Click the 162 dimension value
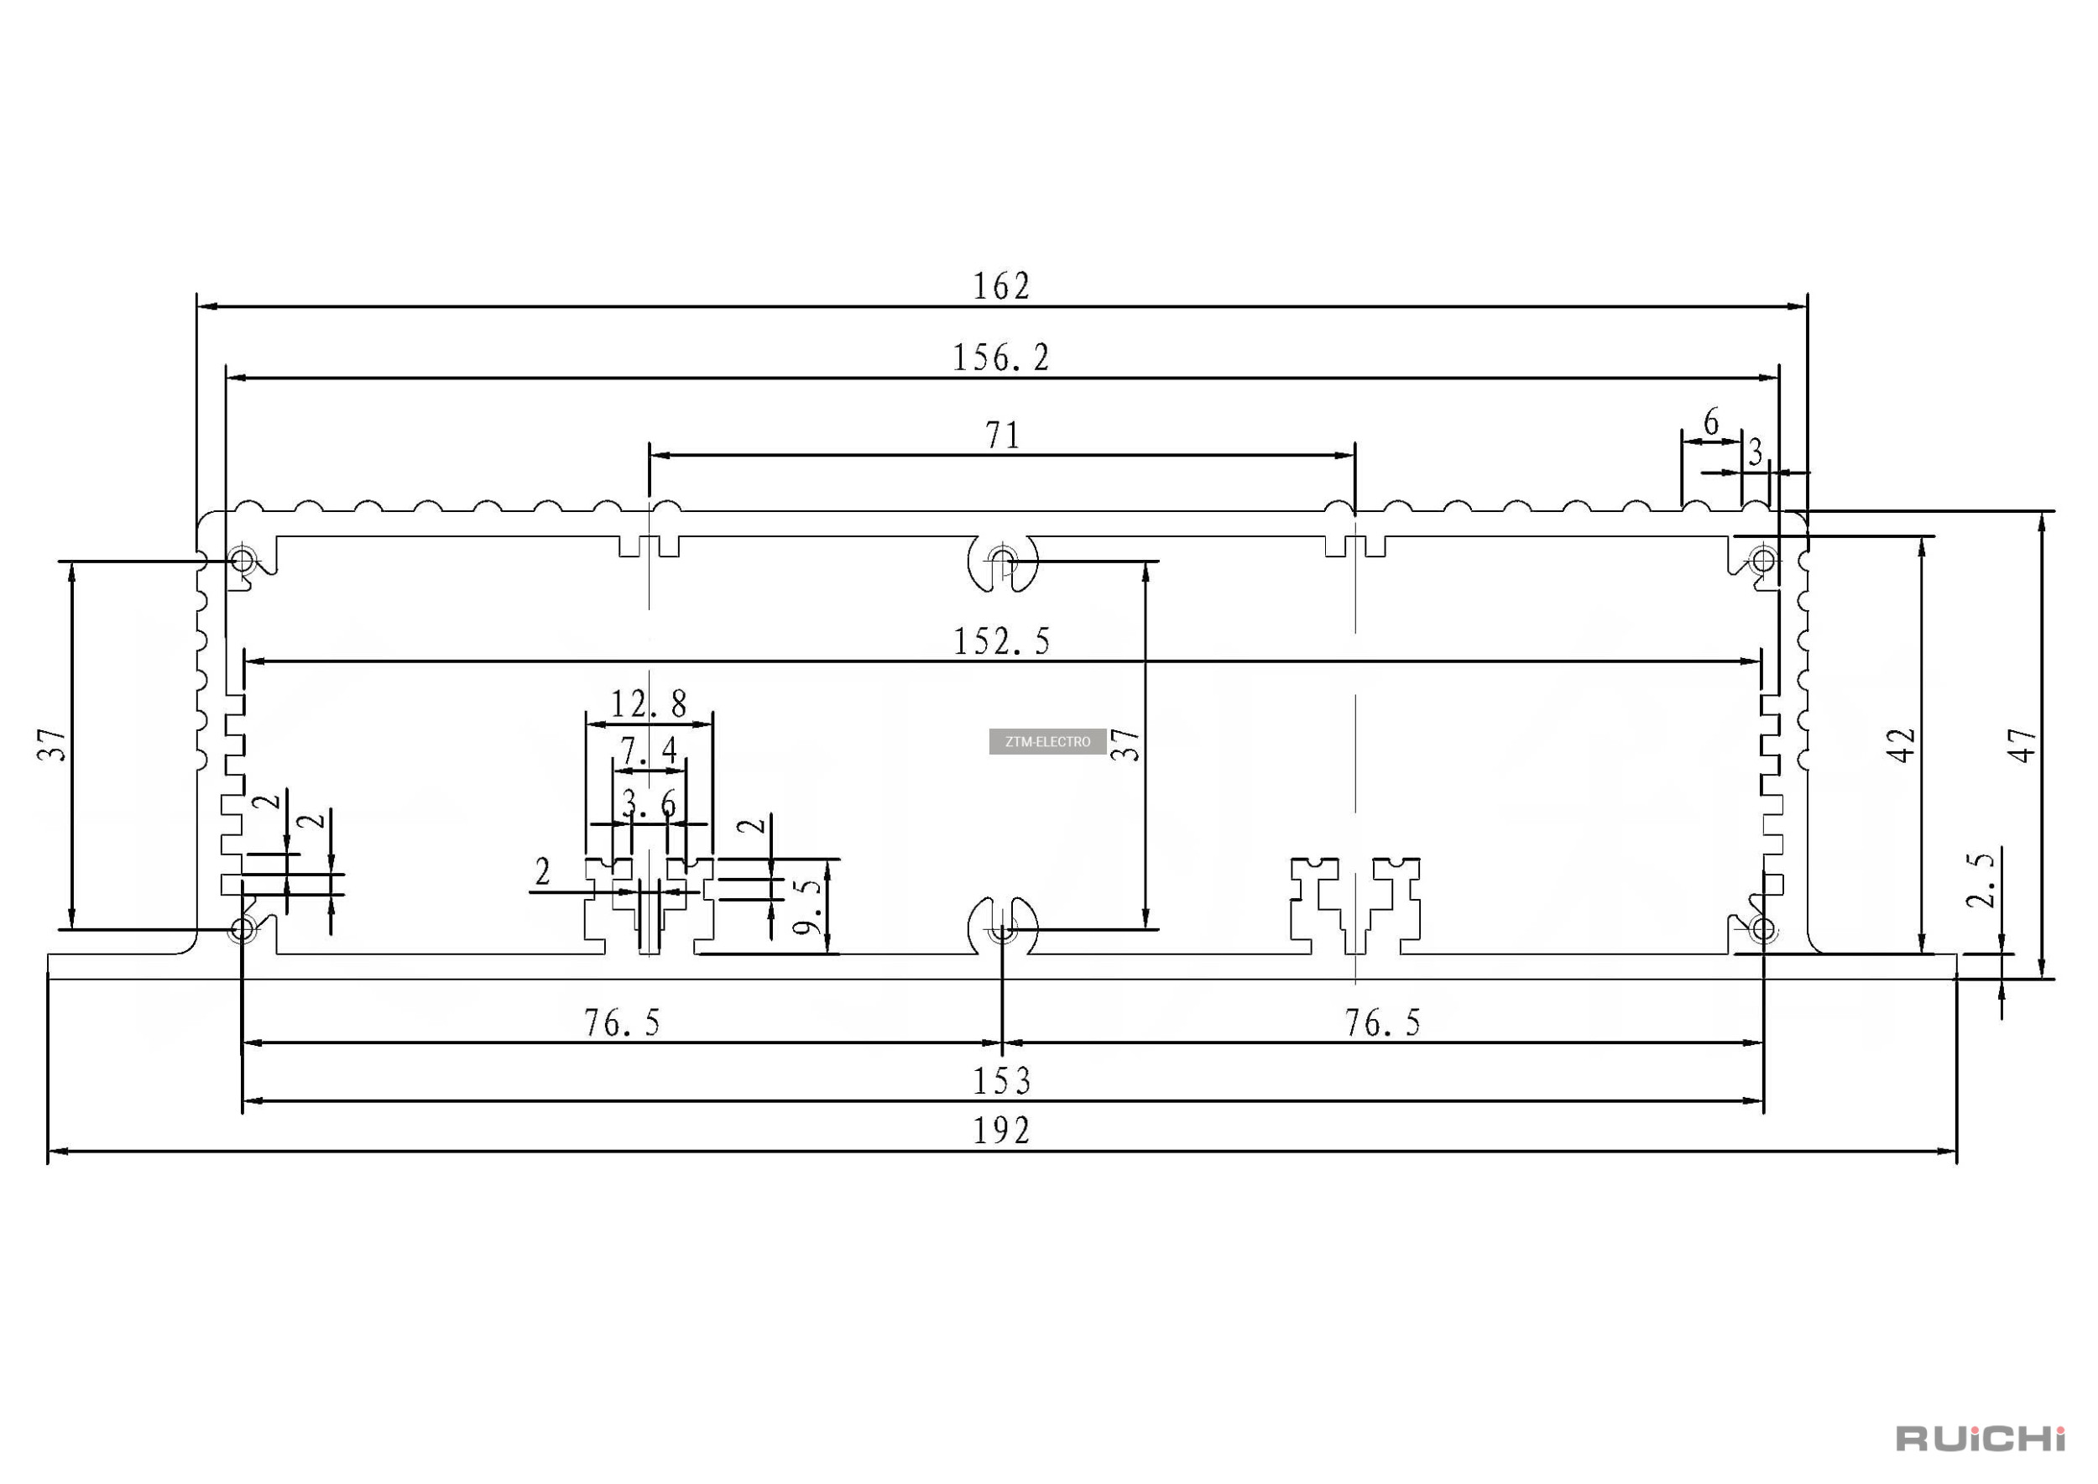pyautogui.click(x=1001, y=287)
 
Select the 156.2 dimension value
pyautogui.click(x=1001, y=358)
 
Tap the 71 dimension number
pyautogui.click(x=1002, y=435)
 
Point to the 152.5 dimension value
pyautogui.click(x=1001, y=641)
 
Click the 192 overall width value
pyautogui.click(x=1001, y=1131)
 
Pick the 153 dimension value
pyautogui.click(x=1001, y=1082)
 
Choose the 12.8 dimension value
pyautogui.click(x=649, y=703)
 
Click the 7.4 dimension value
pyautogui.click(x=649, y=751)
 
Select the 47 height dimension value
pyautogui.click(x=2022, y=745)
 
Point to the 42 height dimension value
pyautogui.click(x=1901, y=745)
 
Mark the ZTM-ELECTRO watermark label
pyautogui.click(x=1047, y=741)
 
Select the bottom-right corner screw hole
pyautogui.click(x=1761, y=930)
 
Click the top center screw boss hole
pyautogui.click(x=1002, y=559)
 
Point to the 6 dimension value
pyautogui.click(x=1711, y=422)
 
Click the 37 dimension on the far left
pyautogui.click(x=52, y=745)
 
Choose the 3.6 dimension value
pyautogui.click(x=649, y=804)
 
